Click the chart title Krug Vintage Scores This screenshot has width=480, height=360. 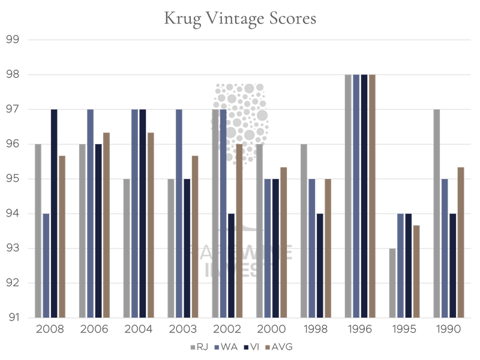240,19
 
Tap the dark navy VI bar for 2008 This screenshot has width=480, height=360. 54,214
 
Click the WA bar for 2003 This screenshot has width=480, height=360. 179,214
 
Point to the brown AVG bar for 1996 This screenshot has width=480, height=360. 371,196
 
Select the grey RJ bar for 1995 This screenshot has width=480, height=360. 393,283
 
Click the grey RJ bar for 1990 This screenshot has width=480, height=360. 437,214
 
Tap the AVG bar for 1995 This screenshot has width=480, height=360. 416,271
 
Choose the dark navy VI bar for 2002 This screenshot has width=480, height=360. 231,265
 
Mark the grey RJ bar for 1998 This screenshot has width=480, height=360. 304,231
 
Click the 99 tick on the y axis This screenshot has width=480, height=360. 13,40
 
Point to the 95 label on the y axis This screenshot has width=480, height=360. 13,179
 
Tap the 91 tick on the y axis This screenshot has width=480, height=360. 13,317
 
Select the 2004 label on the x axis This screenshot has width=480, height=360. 139,329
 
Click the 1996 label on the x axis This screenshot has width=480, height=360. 360,329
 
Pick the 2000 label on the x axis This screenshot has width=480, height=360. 271,329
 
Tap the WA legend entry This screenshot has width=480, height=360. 225,347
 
